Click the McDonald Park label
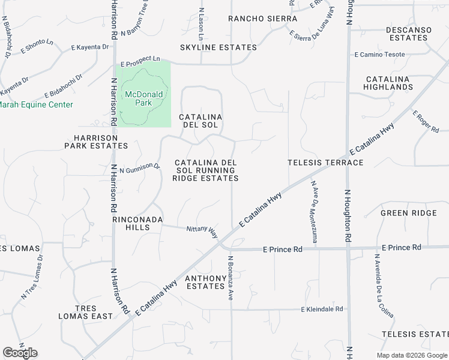(x=143, y=99)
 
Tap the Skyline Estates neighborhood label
(x=218, y=47)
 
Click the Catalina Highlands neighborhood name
(x=388, y=83)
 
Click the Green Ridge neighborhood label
(x=409, y=213)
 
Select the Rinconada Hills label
(x=137, y=223)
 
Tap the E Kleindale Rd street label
(x=322, y=309)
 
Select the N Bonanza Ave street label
(x=229, y=278)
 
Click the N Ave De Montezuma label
(x=313, y=212)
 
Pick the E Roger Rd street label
(x=426, y=122)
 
